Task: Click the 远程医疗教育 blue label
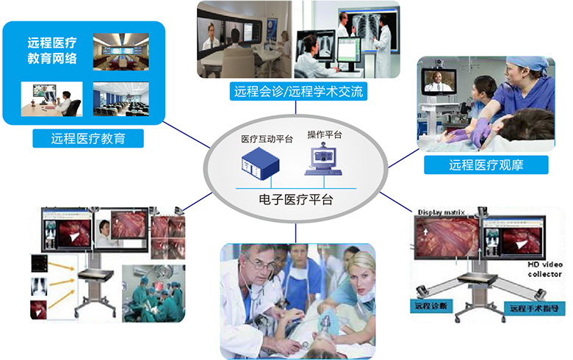pyautogui.click(x=87, y=138)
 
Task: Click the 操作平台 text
pyautogui.click(x=324, y=134)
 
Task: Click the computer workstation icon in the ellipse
pyautogui.click(x=324, y=162)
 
